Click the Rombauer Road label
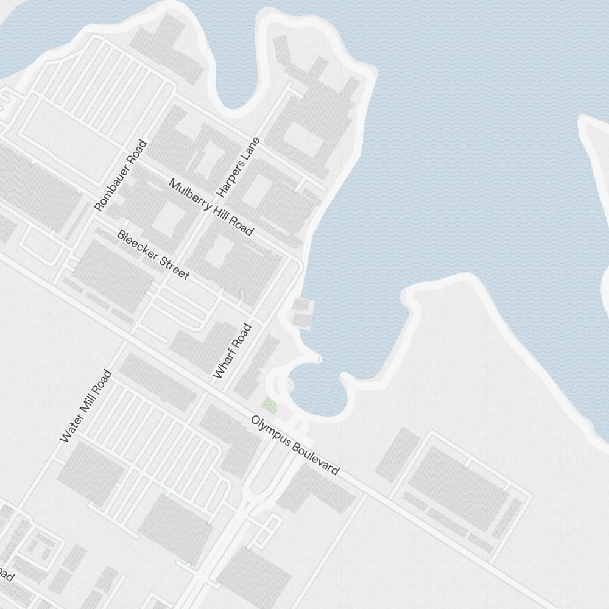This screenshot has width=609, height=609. click(x=121, y=176)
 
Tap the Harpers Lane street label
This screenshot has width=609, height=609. click(x=239, y=167)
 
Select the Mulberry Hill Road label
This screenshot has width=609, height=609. click(x=211, y=207)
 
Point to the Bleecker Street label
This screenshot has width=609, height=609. click(x=153, y=255)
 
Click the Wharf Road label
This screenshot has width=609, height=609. click(x=232, y=351)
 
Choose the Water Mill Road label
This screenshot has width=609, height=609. click(x=86, y=406)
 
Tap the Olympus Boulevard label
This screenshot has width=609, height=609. click(x=295, y=446)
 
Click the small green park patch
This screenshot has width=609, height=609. click(x=269, y=404)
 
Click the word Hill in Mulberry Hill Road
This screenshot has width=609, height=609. click(x=216, y=211)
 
